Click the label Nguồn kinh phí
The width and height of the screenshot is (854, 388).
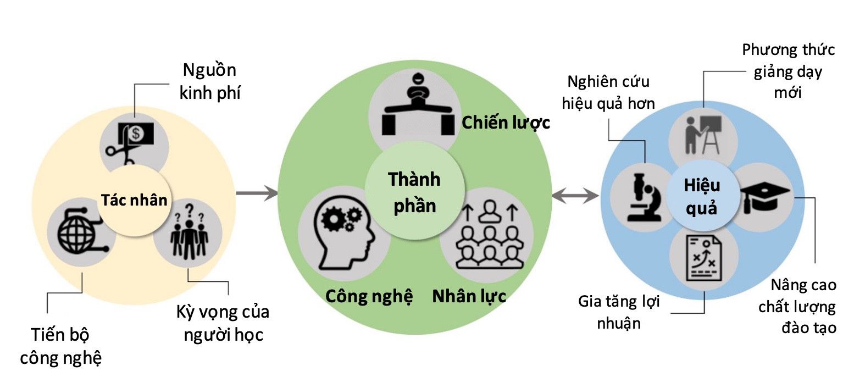tap(210, 81)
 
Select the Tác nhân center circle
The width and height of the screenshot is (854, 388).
tap(134, 201)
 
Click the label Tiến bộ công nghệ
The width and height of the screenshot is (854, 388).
tap(61, 346)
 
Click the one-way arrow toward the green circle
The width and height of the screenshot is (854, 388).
tap(256, 193)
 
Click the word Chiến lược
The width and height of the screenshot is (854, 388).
tap(505, 122)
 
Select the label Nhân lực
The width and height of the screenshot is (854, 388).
tap(469, 296)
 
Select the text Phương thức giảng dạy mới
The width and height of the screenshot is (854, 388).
tap(788, 71)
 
